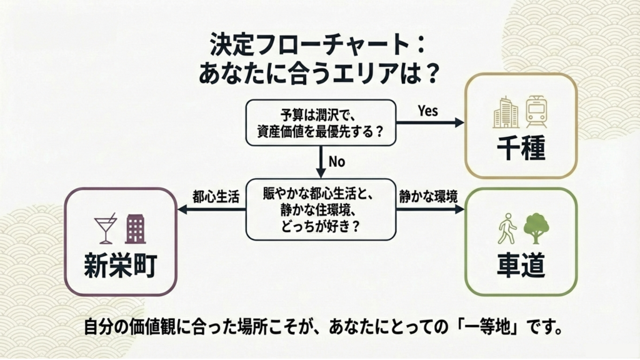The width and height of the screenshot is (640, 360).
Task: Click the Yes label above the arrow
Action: point(428,111)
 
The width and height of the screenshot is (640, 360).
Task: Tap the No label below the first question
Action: point(337,161)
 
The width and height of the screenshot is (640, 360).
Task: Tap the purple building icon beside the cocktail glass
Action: point(135,229)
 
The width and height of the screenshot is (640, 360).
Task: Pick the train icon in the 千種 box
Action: point(536,112)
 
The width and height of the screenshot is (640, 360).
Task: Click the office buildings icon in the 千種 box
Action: point(505,113)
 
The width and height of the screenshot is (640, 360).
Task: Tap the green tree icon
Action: point(536,228)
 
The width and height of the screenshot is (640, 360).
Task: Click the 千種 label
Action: point(521,150)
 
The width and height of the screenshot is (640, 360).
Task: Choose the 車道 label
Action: point(521,265)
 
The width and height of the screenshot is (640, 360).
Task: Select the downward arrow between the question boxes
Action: point(321,162)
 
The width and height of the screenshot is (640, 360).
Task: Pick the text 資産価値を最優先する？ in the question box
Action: point(320,132)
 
